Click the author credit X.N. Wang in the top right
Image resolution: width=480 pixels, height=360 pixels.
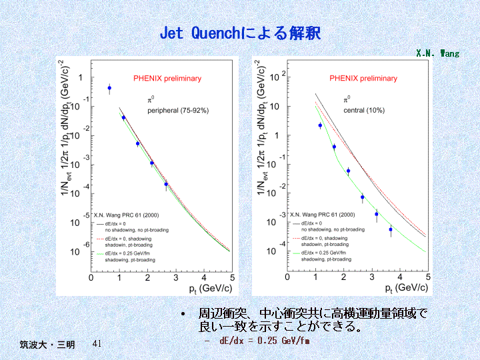437,53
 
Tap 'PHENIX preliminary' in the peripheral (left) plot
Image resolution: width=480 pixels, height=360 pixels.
167,79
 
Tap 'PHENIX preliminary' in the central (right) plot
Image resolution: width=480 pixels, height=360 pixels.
363,79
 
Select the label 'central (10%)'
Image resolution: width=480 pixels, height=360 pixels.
364,110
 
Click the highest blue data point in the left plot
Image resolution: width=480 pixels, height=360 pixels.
109,88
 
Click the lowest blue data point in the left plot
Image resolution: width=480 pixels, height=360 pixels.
166,184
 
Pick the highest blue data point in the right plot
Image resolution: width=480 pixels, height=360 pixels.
320,125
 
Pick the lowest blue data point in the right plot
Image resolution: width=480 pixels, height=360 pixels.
391,229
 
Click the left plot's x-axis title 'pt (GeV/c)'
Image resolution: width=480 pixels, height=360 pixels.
210,288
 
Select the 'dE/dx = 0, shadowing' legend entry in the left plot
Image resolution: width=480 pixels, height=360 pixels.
127,238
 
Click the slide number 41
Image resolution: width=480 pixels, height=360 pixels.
97,344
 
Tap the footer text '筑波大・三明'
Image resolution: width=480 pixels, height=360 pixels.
47,345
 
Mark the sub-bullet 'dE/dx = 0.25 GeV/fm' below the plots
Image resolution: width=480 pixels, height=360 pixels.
265,341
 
